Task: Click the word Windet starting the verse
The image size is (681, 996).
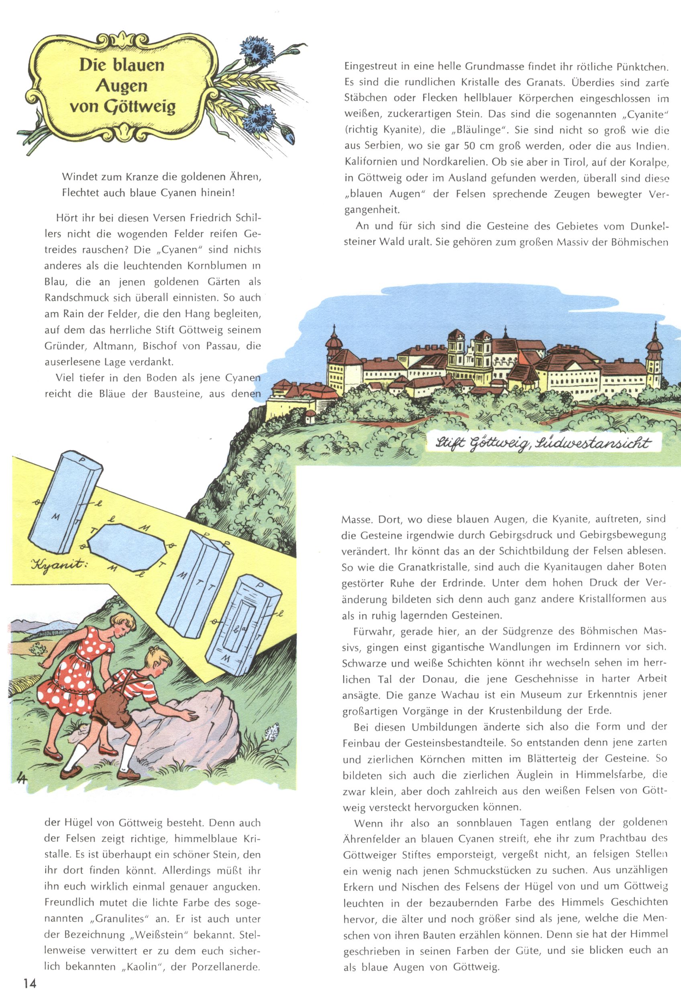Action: pyautogui.click(x=78, y=176)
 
